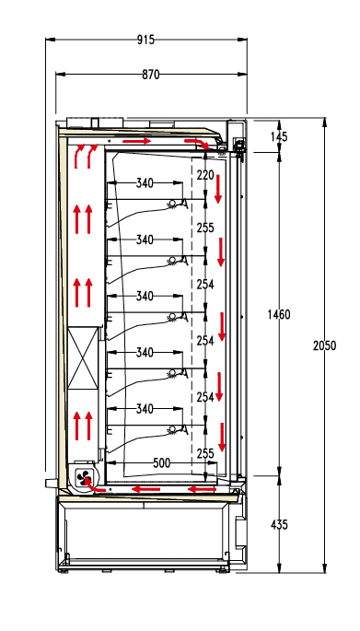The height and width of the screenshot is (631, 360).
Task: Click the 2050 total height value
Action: pos(324,345)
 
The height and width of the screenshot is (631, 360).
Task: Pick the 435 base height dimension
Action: pos(280,524)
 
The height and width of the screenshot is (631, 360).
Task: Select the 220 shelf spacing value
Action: pos(204,174)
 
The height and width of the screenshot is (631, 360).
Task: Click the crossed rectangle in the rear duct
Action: pos(83,359)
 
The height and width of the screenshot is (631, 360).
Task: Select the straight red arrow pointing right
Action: pos(136,141)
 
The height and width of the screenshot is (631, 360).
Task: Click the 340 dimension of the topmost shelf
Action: pos(145,183)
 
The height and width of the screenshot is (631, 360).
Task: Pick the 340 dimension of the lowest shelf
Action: pos(145,408)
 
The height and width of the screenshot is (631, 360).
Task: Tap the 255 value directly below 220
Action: pos(204,228)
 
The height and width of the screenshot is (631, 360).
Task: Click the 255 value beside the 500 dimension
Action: pos(204,453)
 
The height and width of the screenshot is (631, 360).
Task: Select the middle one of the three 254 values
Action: pos(204,341)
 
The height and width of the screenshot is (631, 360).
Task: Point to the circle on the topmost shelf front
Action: pos(172,204)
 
